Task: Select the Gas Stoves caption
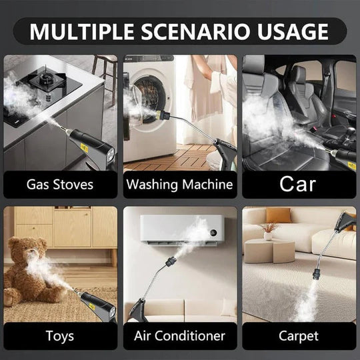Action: point(59,183)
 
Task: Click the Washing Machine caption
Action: point(179,183)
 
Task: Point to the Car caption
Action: point(299,183)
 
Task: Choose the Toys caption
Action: point(59,335)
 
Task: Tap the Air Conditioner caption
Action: point(179,335)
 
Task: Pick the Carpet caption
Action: point(299,335)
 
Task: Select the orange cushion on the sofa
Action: point(279,216)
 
